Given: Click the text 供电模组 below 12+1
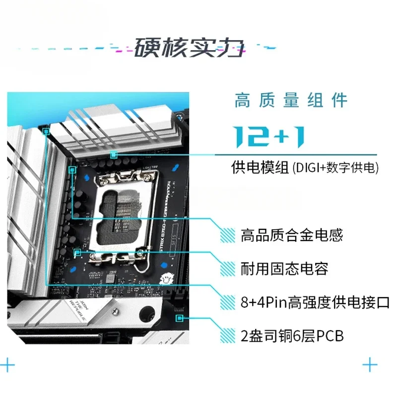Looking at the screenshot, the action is [260, 168].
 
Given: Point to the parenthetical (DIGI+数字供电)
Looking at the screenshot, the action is [335, 168].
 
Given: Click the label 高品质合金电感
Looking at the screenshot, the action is [292, 235].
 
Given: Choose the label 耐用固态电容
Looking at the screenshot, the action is [284, 269].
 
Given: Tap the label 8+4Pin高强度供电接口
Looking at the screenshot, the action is [315, 302].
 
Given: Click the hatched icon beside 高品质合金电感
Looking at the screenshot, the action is [228, 235].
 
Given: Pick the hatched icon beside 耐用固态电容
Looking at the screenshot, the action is [228, 269].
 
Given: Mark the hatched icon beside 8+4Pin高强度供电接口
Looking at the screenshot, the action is [228, 302].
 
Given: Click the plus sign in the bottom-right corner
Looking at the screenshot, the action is [370, 366].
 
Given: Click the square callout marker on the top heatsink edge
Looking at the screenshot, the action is [114, 155].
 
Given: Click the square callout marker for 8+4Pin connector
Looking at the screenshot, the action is [46, 132].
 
